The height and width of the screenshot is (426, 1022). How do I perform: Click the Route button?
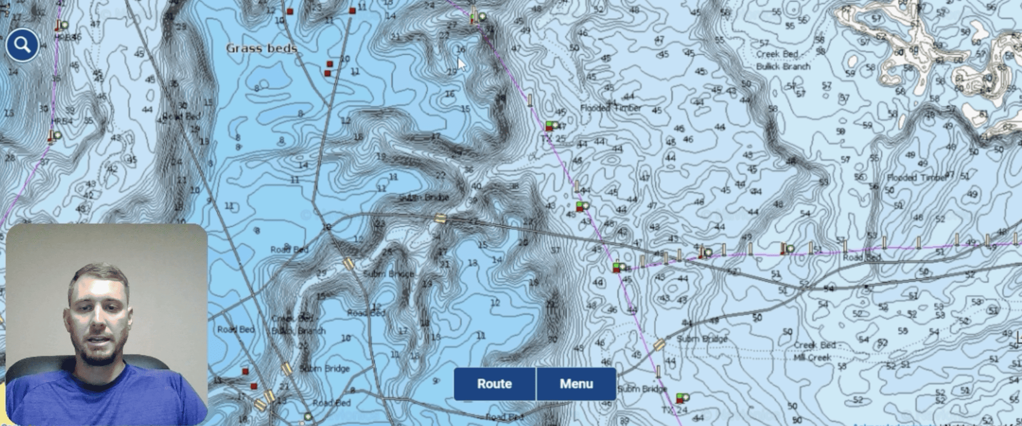tap(494, 384)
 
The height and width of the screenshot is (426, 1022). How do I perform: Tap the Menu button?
tap(576, 384)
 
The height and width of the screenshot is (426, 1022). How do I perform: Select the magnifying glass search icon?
tap(22, 45)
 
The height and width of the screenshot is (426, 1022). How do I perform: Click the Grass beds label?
tap(261, 48)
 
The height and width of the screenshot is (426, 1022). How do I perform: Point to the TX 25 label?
tap(553, 139)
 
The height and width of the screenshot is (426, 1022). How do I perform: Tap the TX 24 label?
tap(675, 410)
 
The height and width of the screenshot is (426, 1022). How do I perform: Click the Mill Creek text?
tap(813, 357)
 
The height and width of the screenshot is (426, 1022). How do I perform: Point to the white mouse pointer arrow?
tap(461, 65)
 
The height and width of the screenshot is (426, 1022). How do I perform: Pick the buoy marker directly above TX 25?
tap(551, 126)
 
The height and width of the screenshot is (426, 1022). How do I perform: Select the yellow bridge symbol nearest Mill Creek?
tap(659, 345)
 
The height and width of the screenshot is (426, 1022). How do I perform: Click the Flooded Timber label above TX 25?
tap(611, 108)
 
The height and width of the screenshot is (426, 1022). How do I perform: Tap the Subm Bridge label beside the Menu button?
tap(642, 389)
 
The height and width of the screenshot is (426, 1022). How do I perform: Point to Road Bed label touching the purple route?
tap(862, 257)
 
